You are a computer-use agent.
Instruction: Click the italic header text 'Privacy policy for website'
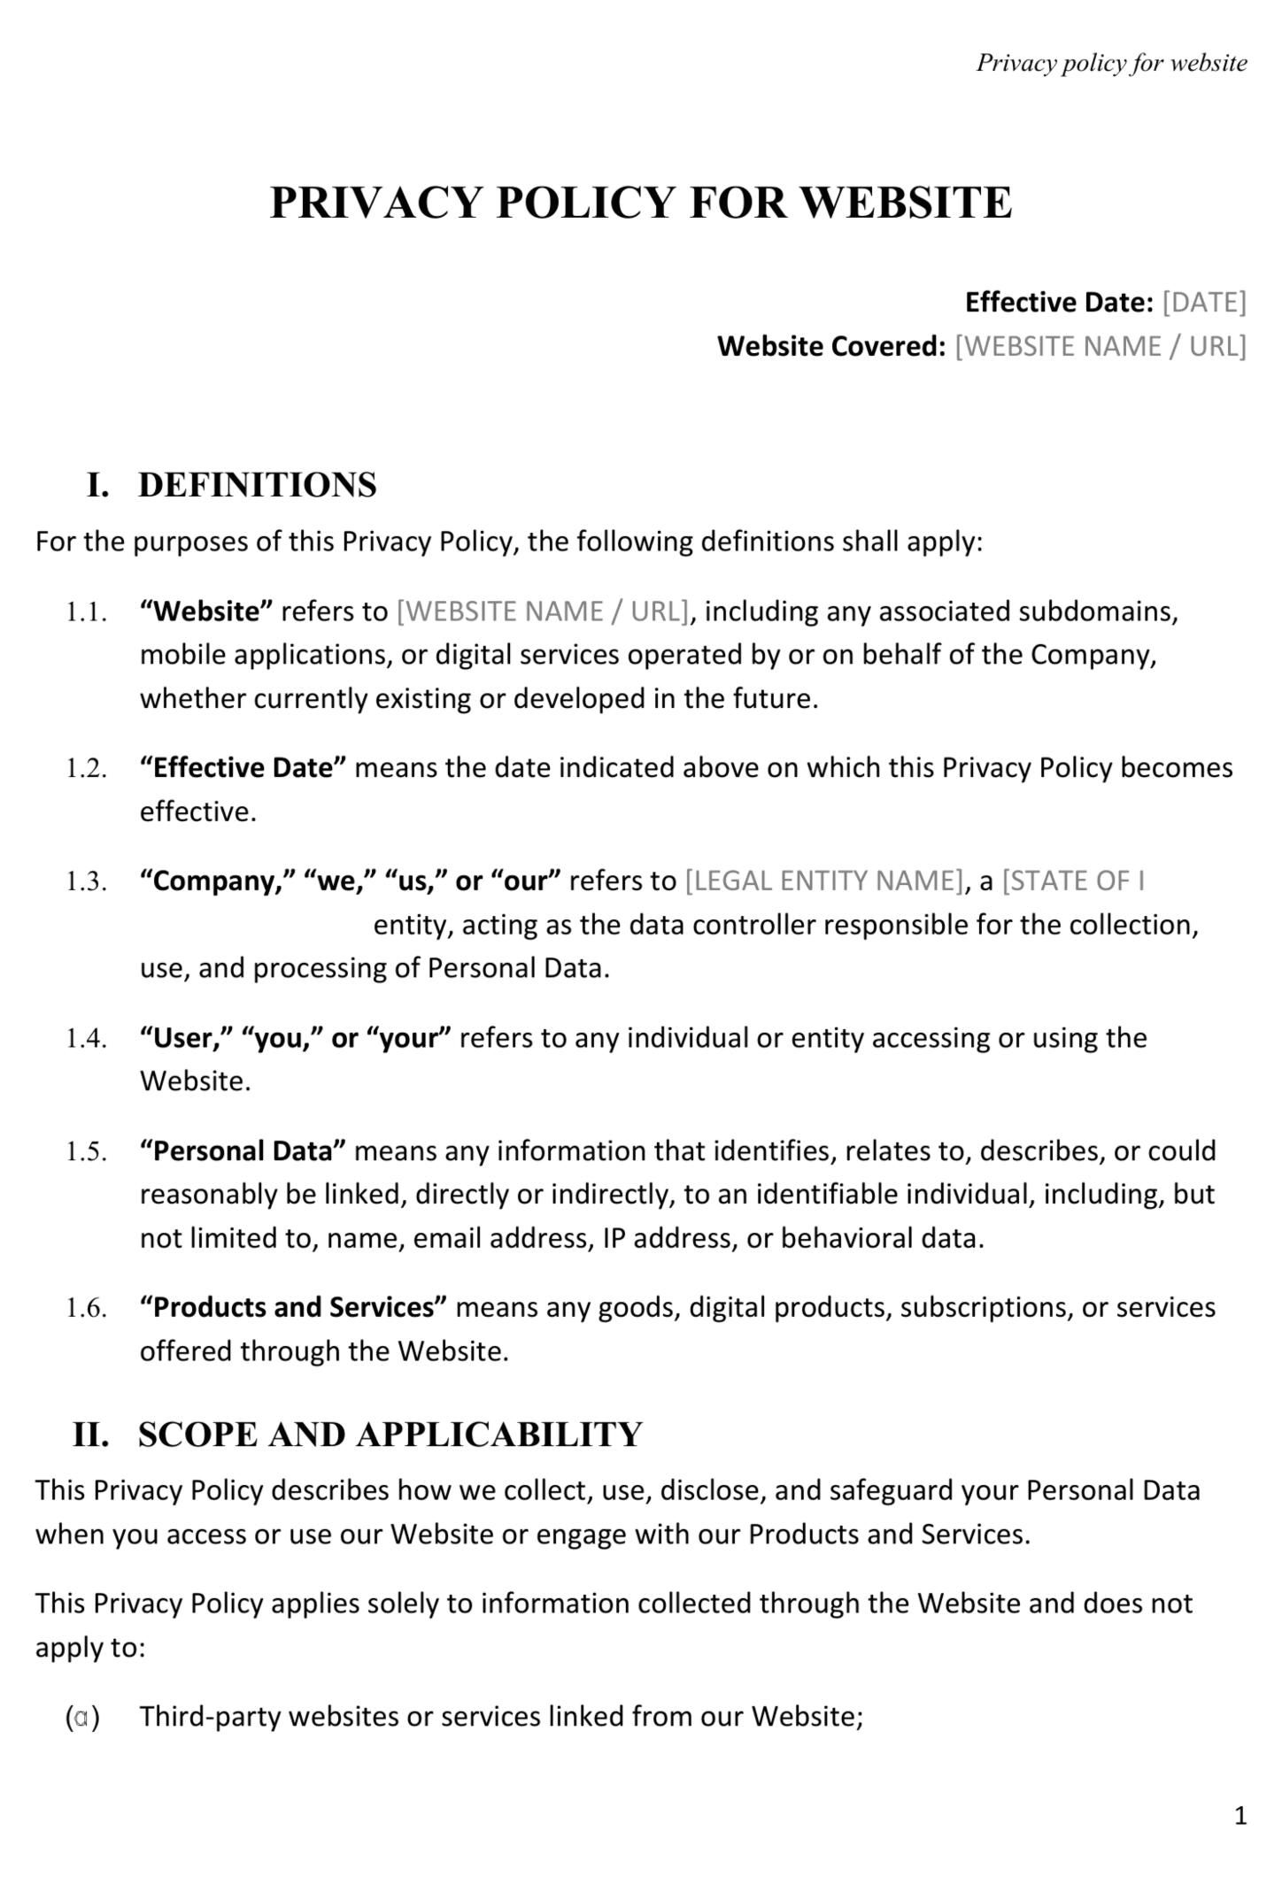(x=1111, y=63)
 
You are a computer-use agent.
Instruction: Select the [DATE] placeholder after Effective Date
(x=1203, y=303)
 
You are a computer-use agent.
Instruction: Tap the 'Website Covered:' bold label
(x=831, y=346)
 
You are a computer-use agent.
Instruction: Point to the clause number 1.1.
(x=86, y=612)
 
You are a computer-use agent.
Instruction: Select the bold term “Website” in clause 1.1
(x=206, y=612)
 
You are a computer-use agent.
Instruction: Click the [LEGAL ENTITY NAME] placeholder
(x=823, y=881)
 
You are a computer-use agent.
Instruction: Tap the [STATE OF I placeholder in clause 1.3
(x=1073, y=881)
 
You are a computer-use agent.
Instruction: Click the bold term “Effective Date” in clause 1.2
(x=242, y=767)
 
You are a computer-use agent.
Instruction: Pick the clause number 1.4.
(x=86, y=1039)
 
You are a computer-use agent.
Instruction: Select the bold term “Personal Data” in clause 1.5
(x=242, y=1151)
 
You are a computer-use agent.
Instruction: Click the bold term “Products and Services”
(x=293, y=1308)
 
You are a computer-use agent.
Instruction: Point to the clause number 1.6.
(x=86, y=1309)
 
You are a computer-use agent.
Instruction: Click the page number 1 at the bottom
(x=1240, y=1816)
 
